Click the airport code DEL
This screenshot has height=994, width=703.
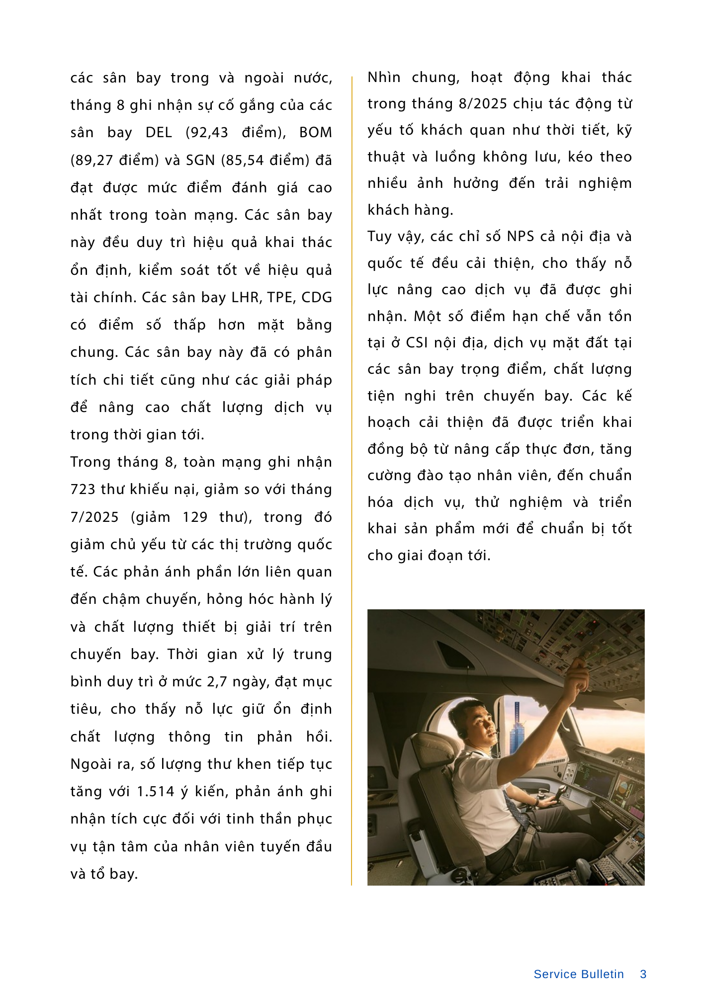159,133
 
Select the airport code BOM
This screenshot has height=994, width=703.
315,133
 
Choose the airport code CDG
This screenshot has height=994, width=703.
316,298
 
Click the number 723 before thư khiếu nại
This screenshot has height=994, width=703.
83,490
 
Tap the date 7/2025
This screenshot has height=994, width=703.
94,517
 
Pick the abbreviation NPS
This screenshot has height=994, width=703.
521,237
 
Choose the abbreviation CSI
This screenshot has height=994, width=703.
417,343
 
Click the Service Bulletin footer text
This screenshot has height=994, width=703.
578,974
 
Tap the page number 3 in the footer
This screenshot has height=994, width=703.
643,974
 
